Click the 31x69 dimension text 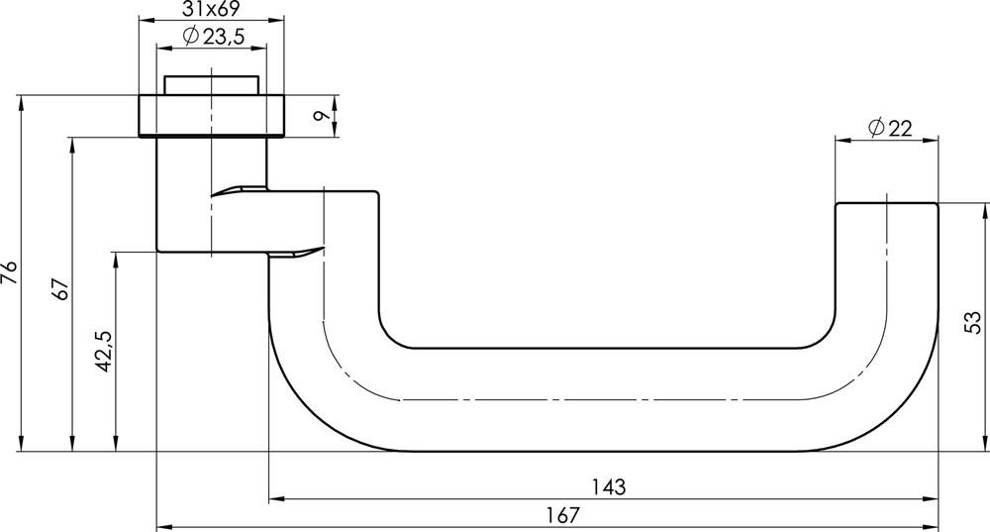[213, 11]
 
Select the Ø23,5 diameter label [213, 37]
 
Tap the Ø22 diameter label [888, 127]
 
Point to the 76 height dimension [11, 272]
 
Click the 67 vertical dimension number [61, 290]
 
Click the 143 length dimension [608, 487]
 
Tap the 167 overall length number [561, 516]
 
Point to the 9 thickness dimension [319, 116]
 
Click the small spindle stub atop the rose [212, 84]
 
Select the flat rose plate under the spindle [212, 115]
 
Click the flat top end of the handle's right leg [887, 204]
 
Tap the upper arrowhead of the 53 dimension [986, 209]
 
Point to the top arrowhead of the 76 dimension [21, 101]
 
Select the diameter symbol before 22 [875, 127]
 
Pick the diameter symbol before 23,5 [191, 37]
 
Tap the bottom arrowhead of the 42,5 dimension [116, 445]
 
